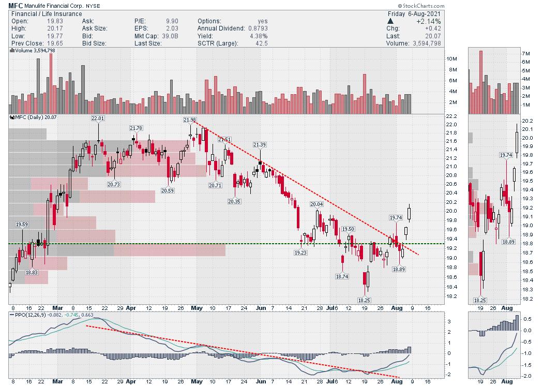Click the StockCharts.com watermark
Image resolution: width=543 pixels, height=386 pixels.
coord(511,5)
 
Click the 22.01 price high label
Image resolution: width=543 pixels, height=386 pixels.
coord(98,118)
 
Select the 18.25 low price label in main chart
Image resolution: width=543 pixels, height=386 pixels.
coord(365,300)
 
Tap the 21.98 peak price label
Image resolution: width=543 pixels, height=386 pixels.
coord(190,120)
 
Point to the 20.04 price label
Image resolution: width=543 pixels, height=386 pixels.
coord(316,204)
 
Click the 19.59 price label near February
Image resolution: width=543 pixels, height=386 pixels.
coord(22,225)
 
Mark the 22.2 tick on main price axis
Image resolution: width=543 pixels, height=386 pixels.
coord(451,125)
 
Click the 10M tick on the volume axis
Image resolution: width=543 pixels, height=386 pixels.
coord(451,60)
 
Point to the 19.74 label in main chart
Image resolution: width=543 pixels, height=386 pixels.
coord(396,218)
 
